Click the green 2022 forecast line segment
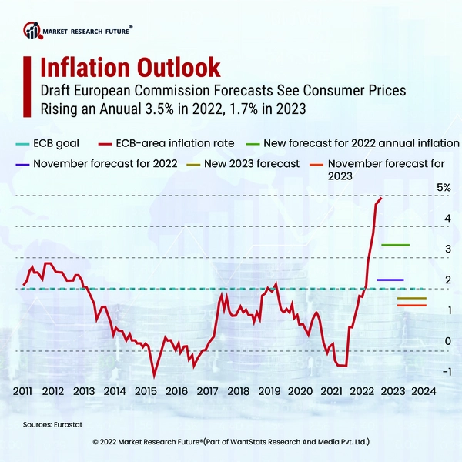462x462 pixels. [x=395, y=245]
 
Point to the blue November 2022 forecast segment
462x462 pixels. [x=390, y=280]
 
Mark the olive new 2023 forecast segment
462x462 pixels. [x=411, y=298]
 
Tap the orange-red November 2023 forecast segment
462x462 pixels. [x=411, y=306]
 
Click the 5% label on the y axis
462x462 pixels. [x=444, y=188]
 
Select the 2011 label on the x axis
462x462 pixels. [x=22, y=391]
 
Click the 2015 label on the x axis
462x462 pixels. [x=146, y=391]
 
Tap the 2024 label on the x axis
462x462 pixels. [x=424, y=391]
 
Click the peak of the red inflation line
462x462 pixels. [x=381, y=198]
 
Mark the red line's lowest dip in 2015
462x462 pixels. [x=155, y=376]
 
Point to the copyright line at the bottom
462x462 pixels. [x=231, y=443]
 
